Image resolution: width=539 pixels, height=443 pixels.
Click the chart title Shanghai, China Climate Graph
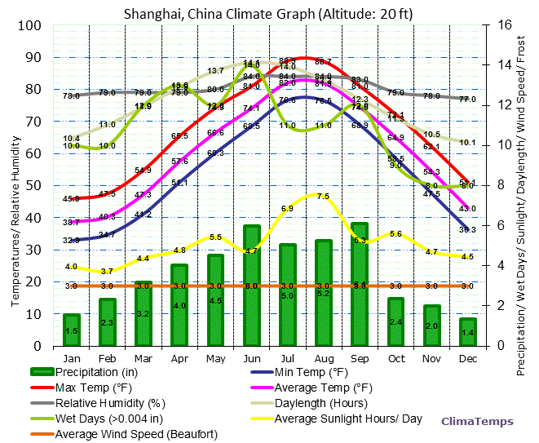coord(268,13)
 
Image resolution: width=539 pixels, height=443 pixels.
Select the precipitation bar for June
coord(251,286)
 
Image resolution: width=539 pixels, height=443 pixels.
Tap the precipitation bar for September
coord(359,284)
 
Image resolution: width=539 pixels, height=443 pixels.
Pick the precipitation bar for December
coord(466,331)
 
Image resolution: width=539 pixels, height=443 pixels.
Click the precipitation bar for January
coord(72,330)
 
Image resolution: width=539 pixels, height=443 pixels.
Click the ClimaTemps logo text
coord(477,421)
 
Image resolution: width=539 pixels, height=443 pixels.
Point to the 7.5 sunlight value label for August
coord(323,197)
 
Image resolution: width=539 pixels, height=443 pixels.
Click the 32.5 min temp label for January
coord(72,241)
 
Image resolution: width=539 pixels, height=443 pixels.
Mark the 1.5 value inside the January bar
coord(72,331)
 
